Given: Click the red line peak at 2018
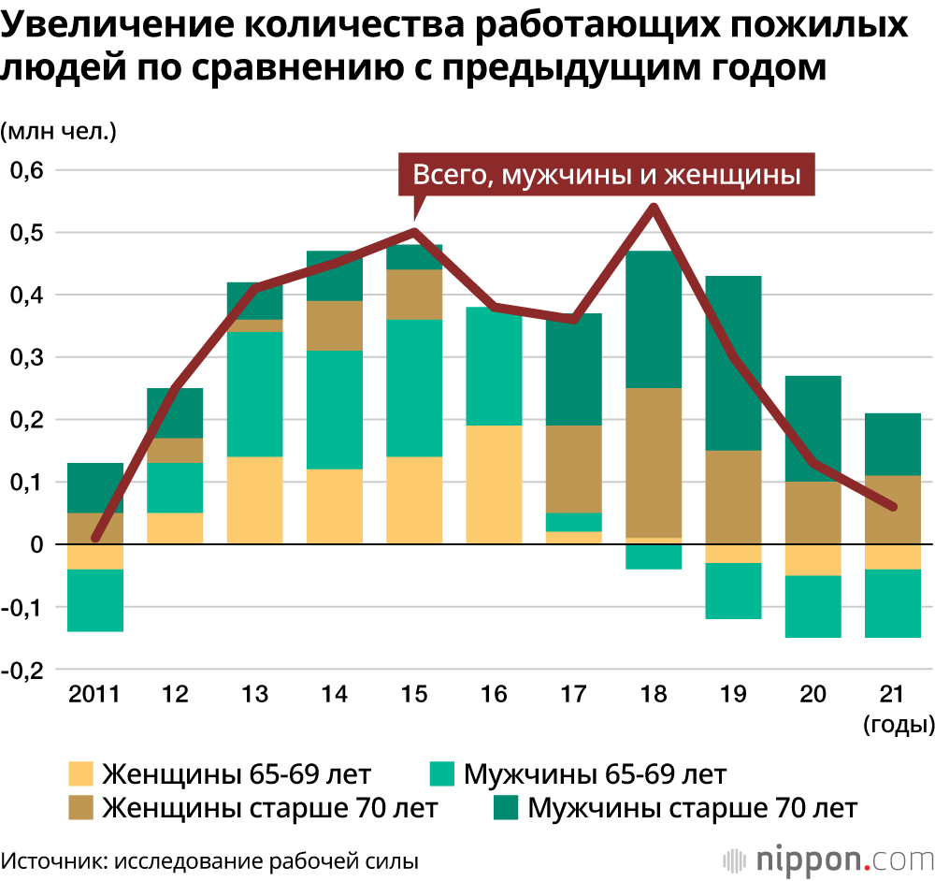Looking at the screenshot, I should click(654, 207).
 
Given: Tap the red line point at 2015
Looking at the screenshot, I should click(414, 232).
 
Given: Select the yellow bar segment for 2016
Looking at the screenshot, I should click(494, 484).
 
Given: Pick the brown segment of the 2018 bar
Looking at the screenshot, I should click(654, 462).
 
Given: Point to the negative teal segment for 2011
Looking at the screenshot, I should click(95, 600).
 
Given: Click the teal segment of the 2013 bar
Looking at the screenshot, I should click(255, 394).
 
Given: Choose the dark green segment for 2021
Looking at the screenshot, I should click(892, 444).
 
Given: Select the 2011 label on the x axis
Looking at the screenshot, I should click(95, 694).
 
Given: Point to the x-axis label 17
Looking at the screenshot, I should click(573, 694).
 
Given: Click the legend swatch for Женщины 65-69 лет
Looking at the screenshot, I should click(82, 774).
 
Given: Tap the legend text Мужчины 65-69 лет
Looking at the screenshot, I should click(595, 774).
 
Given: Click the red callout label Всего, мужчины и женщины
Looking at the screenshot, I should click(607, 175).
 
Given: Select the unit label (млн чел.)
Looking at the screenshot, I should click(58, 131).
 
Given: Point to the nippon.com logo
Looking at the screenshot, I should click(827, 858).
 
